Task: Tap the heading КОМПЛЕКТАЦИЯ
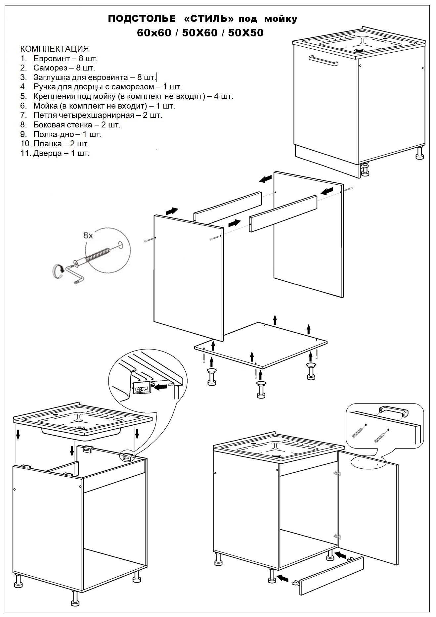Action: [55, 49]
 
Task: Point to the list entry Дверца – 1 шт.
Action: [61, 153]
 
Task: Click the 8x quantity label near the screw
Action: [88, 235]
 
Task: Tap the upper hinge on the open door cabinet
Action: [336, 473]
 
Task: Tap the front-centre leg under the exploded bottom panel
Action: [260, 389]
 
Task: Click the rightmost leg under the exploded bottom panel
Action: [311, 370]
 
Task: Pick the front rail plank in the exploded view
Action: [283, 213]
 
